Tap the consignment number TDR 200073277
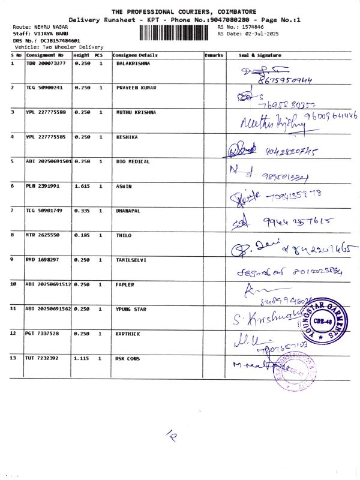(46, 63)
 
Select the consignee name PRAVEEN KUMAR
(136, 88)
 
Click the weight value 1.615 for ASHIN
(82, 187)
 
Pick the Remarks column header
(214, 55)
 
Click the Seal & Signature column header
(261, 55)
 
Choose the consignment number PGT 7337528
(42, 334)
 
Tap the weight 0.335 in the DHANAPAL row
(82, 211)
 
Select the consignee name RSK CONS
(127, 358)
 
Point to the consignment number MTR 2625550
(42, 235)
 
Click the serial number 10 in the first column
(14, 284)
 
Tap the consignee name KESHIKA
(127, 137)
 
